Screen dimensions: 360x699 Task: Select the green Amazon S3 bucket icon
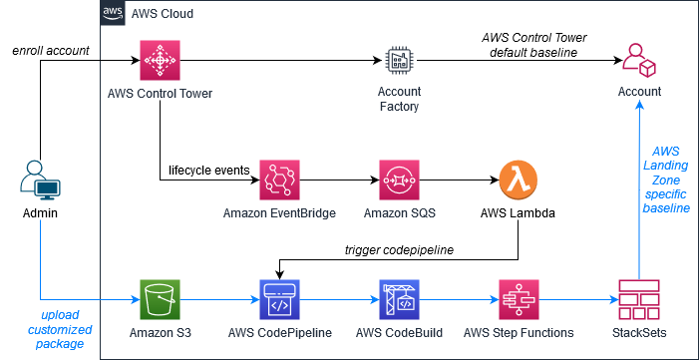tap(160, 298)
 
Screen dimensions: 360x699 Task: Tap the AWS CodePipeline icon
tap(279, 298)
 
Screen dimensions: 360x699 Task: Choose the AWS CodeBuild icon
tap(399, 298)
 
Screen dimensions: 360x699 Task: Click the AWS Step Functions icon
tap(519, 298)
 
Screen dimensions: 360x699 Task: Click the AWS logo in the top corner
tap(113, 14)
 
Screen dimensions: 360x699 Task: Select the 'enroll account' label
tap(50, 50)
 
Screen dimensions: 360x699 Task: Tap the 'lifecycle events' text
tap(207, 170)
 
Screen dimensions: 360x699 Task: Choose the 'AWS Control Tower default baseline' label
tap(533, 45)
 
